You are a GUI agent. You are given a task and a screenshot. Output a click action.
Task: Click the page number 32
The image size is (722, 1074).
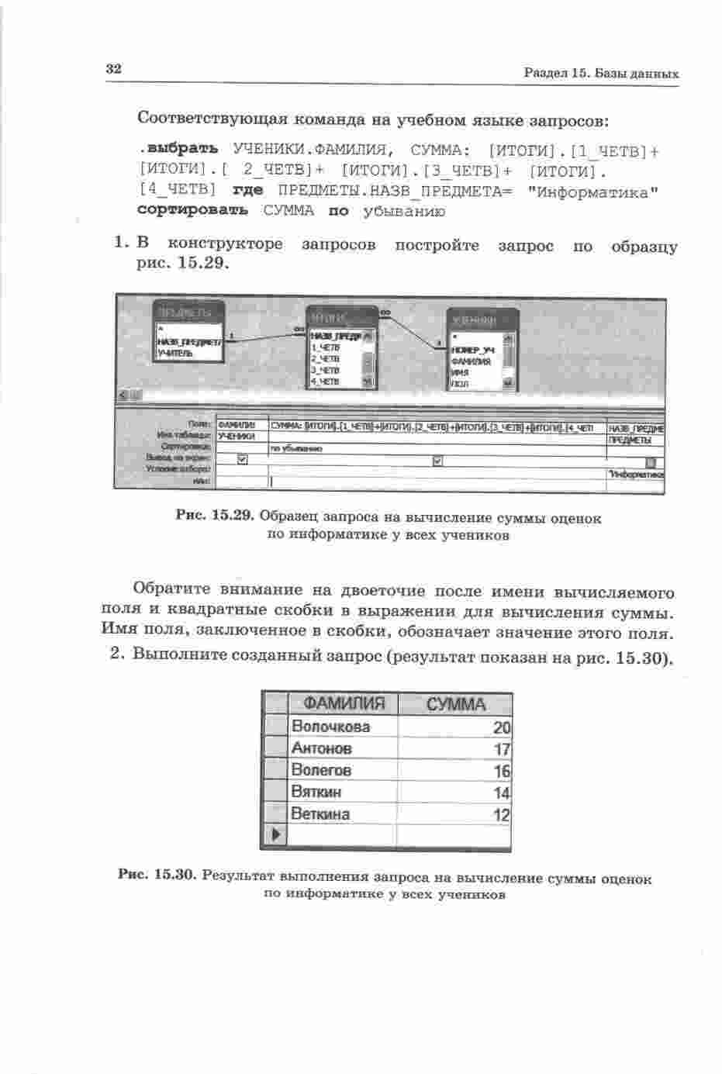point(114,68)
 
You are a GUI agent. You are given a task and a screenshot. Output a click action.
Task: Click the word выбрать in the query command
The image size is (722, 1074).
point(182,148)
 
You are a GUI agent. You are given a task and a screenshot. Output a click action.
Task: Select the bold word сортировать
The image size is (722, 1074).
point(192,210)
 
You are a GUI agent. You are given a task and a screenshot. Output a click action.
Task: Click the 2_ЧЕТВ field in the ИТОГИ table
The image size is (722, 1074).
point(326,358)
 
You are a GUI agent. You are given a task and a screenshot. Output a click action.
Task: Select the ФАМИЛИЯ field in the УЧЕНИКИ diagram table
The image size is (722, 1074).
point(472,361)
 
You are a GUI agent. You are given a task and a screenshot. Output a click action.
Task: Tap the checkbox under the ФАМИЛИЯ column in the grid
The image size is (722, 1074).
point(241,459)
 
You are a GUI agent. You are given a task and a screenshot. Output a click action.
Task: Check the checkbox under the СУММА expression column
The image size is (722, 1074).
point(437,460)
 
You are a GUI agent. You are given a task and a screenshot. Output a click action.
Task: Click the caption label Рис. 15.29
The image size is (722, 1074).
point(215,516)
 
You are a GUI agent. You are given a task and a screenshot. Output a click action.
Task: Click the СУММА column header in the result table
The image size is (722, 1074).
point(456,704)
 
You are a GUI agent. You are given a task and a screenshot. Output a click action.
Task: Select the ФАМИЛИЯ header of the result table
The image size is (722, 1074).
point(344,703)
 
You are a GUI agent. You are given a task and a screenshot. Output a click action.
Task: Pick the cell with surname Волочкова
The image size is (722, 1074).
point(331,727)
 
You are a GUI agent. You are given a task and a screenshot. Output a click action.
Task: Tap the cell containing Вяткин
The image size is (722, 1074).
point(316,793)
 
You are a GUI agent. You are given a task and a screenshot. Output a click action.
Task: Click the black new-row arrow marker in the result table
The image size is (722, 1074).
point(275,835)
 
